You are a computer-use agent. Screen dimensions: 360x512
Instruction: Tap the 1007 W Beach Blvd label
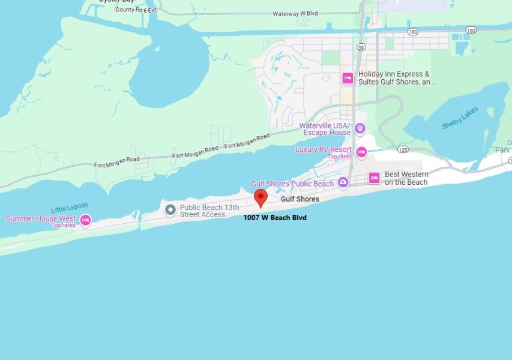click(275, 218)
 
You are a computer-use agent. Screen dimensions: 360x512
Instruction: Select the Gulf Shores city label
click(300, 199)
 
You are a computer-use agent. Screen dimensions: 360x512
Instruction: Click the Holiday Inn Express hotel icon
click(347, 78)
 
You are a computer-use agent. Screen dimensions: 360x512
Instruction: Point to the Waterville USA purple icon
click(360, 128)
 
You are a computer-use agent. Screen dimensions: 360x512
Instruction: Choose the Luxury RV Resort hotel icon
click(361, 152)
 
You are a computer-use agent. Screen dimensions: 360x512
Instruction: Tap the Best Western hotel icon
click(374, 178)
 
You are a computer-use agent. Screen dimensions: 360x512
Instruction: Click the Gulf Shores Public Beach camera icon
click(343, 182)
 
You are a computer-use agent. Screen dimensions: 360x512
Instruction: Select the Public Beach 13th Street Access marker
click(170, 210)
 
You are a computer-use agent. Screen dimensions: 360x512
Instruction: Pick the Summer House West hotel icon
click(85, 220)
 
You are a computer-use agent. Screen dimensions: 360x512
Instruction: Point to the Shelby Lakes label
click(460, 118)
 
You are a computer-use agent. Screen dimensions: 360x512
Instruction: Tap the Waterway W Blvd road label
click(295, 13)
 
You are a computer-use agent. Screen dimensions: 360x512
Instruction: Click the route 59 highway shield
click(361, 46)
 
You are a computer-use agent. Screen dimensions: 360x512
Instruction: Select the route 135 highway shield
click(402, 149)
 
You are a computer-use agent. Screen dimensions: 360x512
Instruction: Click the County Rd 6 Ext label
click(136, 10)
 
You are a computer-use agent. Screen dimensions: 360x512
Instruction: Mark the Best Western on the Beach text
click(406, 178)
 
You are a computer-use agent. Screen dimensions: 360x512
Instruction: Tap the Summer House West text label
click(41, 219)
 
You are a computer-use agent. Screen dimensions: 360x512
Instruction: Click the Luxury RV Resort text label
click(324, 149)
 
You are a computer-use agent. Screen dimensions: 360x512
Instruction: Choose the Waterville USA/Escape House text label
click(325, 129)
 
